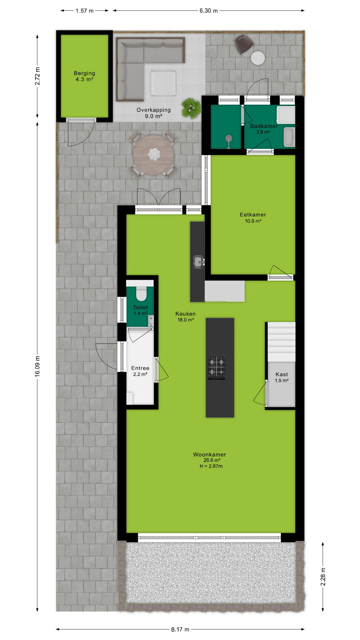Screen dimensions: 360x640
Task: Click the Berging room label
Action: tap(84, 73)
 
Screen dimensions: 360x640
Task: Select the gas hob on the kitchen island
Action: tap(217, 368)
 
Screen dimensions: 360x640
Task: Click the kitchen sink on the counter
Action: tap(198, 262)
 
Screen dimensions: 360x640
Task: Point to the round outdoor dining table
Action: tap(154, 155)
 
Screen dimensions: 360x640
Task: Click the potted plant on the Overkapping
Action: tap(191, 108)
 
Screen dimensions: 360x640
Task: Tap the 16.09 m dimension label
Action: tap(37, 366)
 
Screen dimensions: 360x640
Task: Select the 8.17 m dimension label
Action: tap(180, 629)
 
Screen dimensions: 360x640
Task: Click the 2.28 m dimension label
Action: tap(323, 576)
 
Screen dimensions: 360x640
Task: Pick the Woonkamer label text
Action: tap(210, 454)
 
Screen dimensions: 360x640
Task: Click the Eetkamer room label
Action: tap(253, 215)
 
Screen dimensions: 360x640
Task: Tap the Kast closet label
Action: tap(282, 374)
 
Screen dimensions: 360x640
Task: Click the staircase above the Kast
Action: tap(282, 342)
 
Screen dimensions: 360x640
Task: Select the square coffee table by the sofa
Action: tap(163, 83)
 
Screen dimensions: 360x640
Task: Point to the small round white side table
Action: tap(258, 58)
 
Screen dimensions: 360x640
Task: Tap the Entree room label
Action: tap(140, 368)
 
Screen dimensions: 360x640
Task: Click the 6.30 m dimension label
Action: tap(209, 11)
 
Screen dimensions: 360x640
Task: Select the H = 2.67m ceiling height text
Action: tap(211, 466)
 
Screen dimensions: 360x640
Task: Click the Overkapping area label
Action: tap(154, 110)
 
